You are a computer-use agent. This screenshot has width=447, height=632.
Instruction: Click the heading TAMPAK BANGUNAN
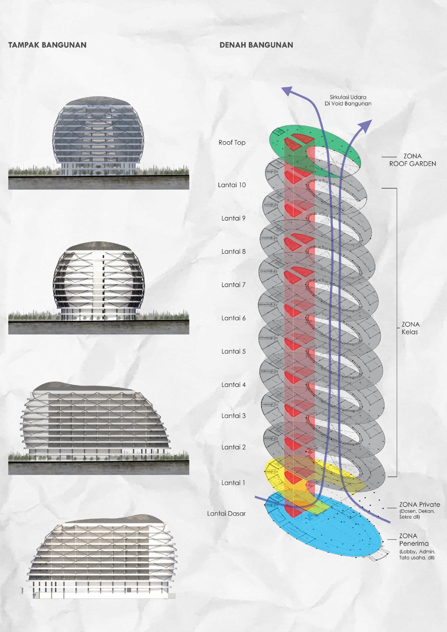[x=47, y=45]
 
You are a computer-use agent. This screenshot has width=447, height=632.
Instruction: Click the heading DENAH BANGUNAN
[x=256, y=45]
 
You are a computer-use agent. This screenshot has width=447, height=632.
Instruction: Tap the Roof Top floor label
[x=232, y=143]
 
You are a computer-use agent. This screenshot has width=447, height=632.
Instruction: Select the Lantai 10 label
[x=232, y=185]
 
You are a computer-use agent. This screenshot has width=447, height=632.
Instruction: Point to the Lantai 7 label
[x=233, y=285]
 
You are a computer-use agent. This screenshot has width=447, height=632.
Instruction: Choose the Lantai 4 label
[x=233, y=385]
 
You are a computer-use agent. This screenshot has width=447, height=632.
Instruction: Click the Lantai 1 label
[x=233, y=483]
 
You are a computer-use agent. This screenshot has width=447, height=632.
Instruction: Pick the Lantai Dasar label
[x=226, y=514]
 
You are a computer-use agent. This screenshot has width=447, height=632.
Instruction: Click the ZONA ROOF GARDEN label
[x=412, y=160]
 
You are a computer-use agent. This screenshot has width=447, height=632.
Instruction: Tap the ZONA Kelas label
[x=410, y=328]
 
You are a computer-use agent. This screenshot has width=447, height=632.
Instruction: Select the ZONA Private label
[x=419, y=505]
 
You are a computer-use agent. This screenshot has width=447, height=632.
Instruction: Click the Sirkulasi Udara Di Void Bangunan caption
[x=348, y=100]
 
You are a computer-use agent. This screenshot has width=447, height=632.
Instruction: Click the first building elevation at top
[x=98, y=138]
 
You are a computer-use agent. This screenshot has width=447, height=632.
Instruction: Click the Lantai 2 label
[x=233, y=447]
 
